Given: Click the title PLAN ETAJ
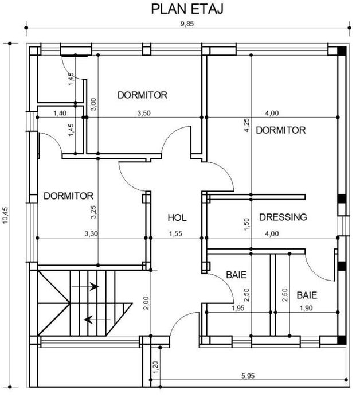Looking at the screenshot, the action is click(187, 9).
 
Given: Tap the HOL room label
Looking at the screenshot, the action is click(177, 218).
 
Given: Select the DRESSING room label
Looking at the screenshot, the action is click(283, 217).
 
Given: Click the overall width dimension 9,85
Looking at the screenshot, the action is click(187, 24).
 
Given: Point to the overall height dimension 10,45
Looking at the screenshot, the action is click(6, 215).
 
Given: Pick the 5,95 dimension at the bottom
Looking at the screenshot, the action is click(248, 376).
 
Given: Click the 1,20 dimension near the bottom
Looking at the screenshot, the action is click(155, 367).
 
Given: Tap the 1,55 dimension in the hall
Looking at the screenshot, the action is click(176, 233).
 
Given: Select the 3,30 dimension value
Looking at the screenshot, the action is click(91, 233).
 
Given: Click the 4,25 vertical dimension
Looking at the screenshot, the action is click(247, 125).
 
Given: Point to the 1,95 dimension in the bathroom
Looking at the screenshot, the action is click(238, 308).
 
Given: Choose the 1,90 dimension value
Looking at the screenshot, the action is click(306, 308).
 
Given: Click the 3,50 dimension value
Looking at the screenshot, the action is click(144, 113).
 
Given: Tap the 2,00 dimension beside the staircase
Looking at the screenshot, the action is click(146, 303).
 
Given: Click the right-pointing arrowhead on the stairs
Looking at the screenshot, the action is click(94, 286).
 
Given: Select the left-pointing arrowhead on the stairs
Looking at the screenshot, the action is click(88, 320).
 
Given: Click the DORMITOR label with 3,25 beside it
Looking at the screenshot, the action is click(68, 196).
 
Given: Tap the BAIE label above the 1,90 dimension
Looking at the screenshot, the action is click(307, 295).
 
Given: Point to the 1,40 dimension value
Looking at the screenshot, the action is click(60, 113).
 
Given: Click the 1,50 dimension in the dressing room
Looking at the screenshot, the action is click(246, 224).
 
